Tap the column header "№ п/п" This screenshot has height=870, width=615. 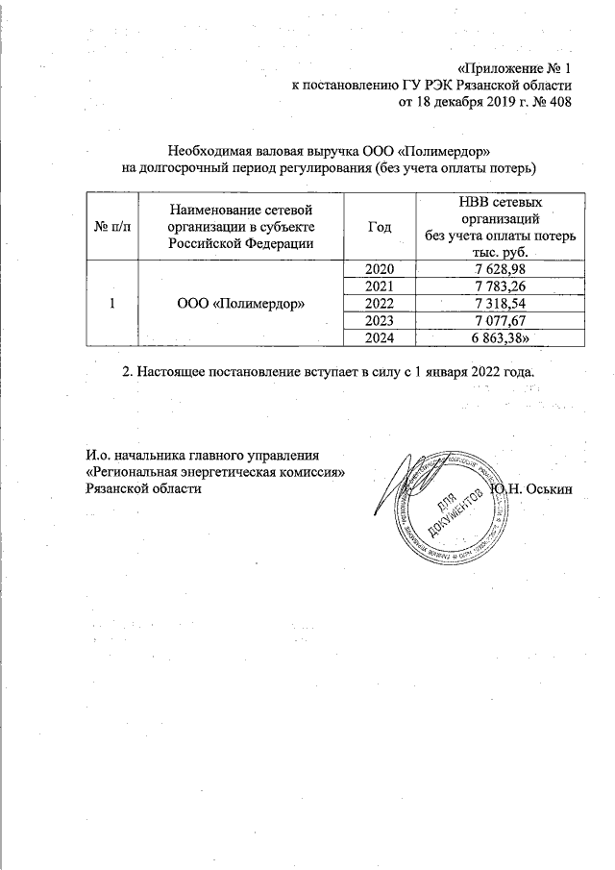pos(112,227)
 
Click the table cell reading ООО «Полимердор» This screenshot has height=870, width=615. pos(240,303)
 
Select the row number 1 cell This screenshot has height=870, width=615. pos(112,303)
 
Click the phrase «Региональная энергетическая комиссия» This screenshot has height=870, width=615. pos(214,471)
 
